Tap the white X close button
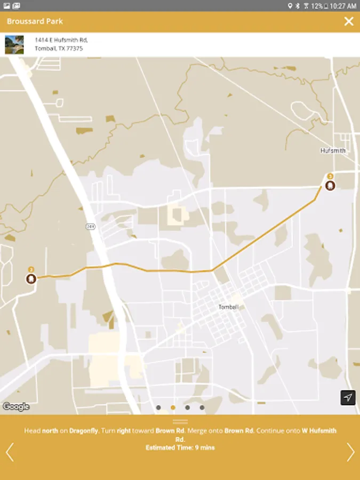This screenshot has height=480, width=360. [x=349, y=21]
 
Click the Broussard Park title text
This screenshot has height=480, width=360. [x=35, y=21]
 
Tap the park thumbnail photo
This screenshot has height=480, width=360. [x=14, y=44]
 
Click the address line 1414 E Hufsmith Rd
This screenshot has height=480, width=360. [x=61, y=40]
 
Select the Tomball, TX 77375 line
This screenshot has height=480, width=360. [x=59, y=49]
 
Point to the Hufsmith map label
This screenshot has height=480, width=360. [x=333, y=150]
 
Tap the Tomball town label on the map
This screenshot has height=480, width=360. [x=229, y=307]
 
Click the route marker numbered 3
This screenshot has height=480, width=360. [x=330, y=186]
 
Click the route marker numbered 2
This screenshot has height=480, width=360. [x=31, y=278]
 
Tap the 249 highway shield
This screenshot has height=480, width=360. [x=90, y=227]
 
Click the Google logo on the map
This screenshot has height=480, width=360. [x=16, y=406]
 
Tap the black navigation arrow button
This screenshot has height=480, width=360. [x=348, y=398]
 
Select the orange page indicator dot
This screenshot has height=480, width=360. [x=173, y=407]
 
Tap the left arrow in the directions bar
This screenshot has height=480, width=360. [x=9, y=452]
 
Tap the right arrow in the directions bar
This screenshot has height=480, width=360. [x=350, y=452]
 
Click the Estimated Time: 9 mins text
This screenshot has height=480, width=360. [x=180, y=447]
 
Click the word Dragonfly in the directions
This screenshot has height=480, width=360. [x=83, y=431]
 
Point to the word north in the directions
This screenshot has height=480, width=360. [x=50, y=431]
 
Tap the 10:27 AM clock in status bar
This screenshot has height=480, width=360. [x=343, y=6]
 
